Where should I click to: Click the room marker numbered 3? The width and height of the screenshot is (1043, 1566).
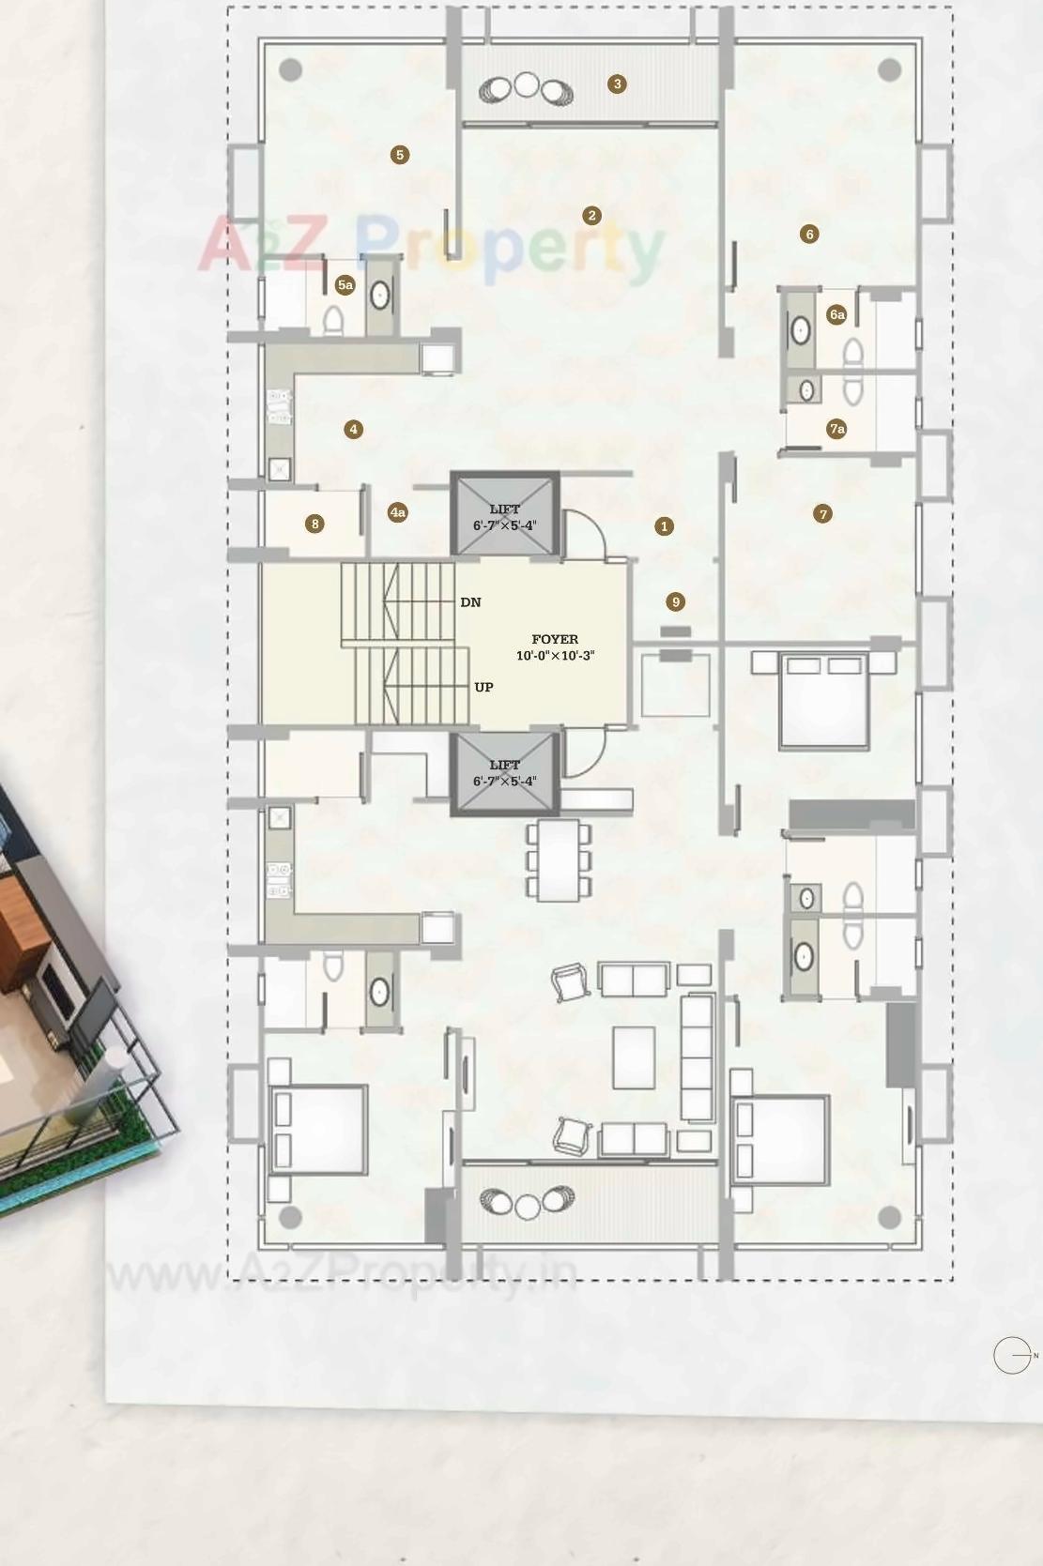click(617, 84)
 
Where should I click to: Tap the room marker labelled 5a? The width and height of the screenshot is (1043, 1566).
click(345, 284)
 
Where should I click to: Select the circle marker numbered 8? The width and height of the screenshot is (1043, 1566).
click(315, 524)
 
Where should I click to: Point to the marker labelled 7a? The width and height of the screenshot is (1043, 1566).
click(836, 429)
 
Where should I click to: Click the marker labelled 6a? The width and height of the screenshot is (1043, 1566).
click(836, 314)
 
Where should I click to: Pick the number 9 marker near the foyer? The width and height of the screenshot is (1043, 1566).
click(675, 601)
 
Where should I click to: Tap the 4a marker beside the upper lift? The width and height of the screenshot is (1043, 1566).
click(398, 511)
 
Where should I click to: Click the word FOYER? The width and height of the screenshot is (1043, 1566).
click(555, 639)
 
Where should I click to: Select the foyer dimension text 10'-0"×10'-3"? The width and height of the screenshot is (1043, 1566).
click(555, 656)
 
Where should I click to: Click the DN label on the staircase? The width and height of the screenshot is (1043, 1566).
click(470, 602)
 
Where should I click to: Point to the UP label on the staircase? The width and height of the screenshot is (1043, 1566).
click(483, 687)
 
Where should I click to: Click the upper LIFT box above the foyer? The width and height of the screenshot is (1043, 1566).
click(505, 516)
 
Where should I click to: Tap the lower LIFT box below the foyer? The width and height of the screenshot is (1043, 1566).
click(505, 773)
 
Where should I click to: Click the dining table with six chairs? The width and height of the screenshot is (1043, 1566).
click(560, 860)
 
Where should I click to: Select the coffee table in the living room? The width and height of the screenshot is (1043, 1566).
click(634, 1057)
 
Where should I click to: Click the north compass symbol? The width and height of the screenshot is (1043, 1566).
click(1013, 1355)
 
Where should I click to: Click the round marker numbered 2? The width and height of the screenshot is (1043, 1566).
click(591, 216)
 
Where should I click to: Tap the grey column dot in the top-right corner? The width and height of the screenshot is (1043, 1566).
click(889, 69)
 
